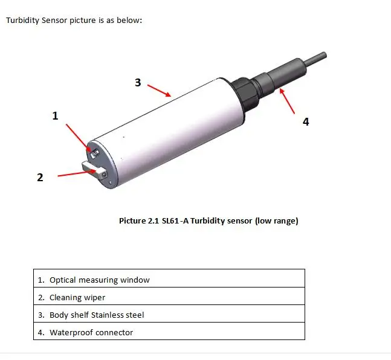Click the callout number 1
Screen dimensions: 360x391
coord(55,115)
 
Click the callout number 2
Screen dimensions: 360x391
coord(40,178)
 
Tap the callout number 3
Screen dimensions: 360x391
coord(138,83)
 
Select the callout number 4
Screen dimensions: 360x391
coord(306,121)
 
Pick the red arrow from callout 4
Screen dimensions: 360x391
coord(287,100)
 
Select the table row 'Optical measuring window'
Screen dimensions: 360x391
coord(169,280)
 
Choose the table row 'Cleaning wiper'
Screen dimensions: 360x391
coord(169,297)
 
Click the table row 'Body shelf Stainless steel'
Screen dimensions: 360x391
coord(169,315)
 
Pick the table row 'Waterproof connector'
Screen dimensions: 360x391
coord(169,332)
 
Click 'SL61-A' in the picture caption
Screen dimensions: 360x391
coord(176,221)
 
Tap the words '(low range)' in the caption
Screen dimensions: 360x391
coord(276,221)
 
